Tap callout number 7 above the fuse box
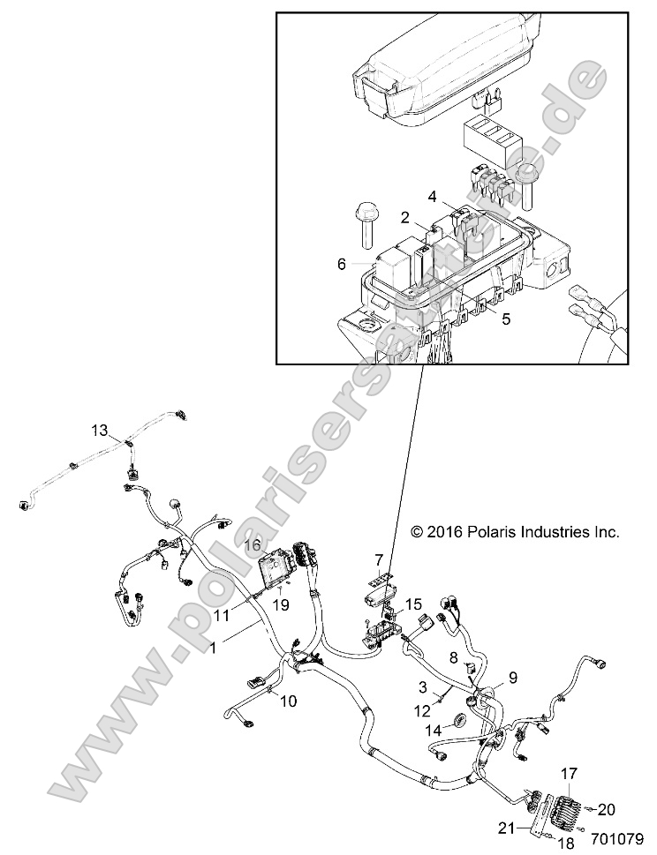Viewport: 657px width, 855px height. tap(378, 560)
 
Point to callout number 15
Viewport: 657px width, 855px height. tap(413, 604)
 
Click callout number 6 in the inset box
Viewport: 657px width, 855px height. tap(342, 263)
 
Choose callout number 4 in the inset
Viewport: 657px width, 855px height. tap(432, 195)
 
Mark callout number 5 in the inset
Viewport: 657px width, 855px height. tap(505, 319)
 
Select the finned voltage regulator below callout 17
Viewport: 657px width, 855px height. tap(567, 807)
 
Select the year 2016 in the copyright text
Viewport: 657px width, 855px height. tap(453, 532)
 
